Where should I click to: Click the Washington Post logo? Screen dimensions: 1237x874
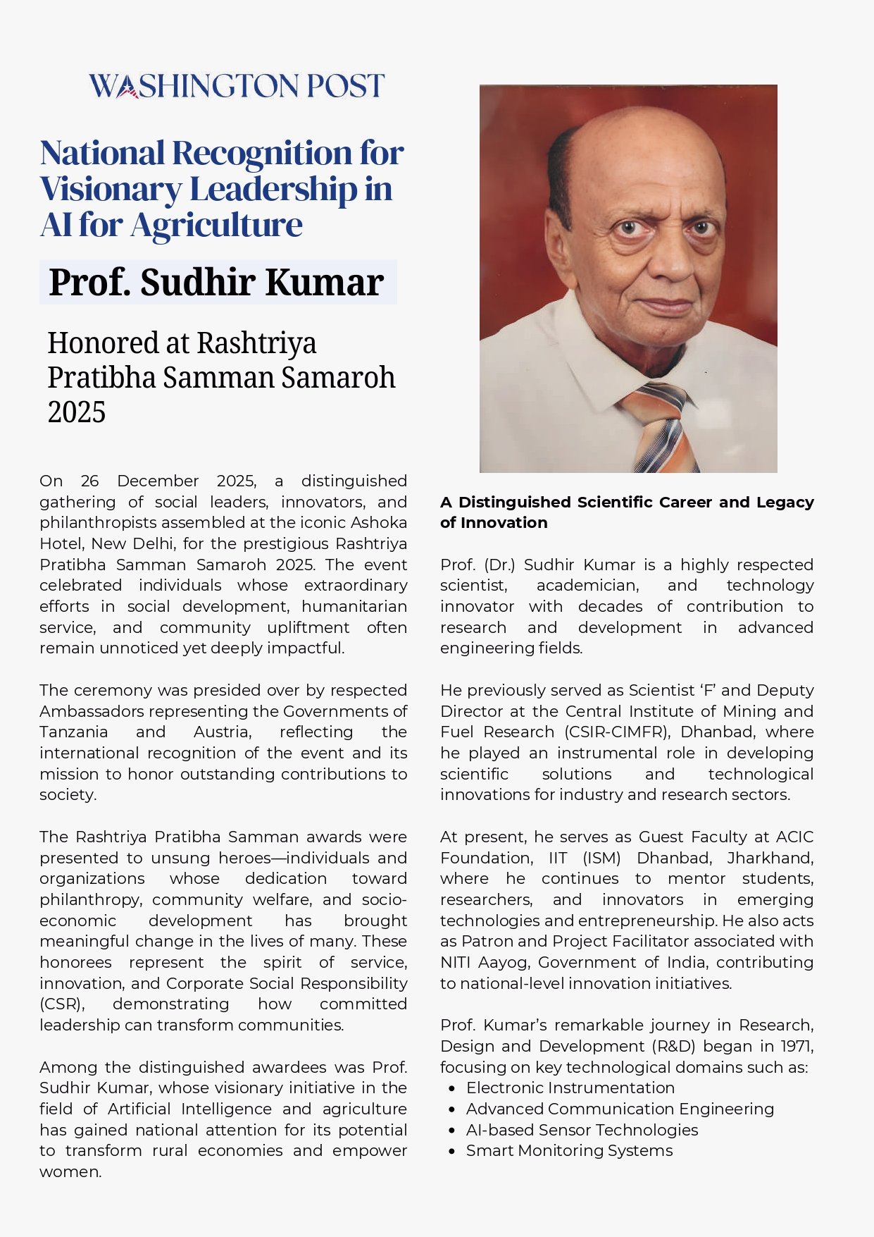tap(237, 86)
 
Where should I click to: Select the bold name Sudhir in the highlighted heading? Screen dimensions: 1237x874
tap(198, 282)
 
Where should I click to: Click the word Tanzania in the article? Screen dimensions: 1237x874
tap(74, 732)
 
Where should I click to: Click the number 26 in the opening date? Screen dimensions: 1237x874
tap(90, 481)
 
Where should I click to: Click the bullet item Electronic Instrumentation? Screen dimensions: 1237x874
tap(570, 1088)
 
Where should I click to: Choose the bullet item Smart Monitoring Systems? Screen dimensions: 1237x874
tap(569, 1150)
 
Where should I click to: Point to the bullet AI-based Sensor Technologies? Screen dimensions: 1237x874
tap(582, 1130)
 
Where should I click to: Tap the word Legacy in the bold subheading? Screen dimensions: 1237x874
tap(785, 502)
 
